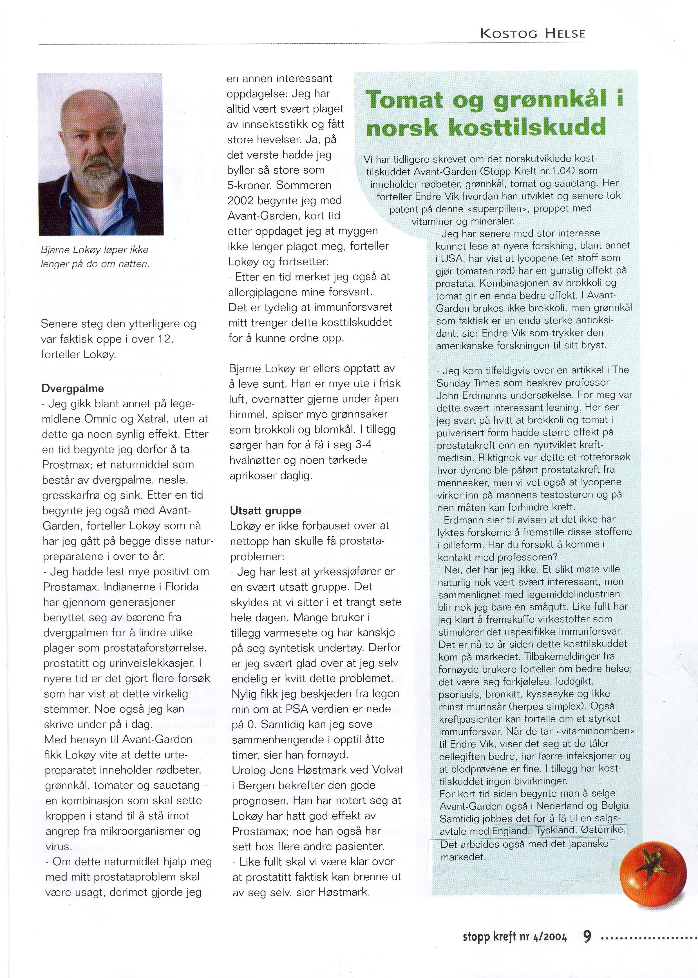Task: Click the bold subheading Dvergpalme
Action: point(73,388)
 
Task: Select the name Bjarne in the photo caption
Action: point(54,250)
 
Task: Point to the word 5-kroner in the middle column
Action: point(249,185)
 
